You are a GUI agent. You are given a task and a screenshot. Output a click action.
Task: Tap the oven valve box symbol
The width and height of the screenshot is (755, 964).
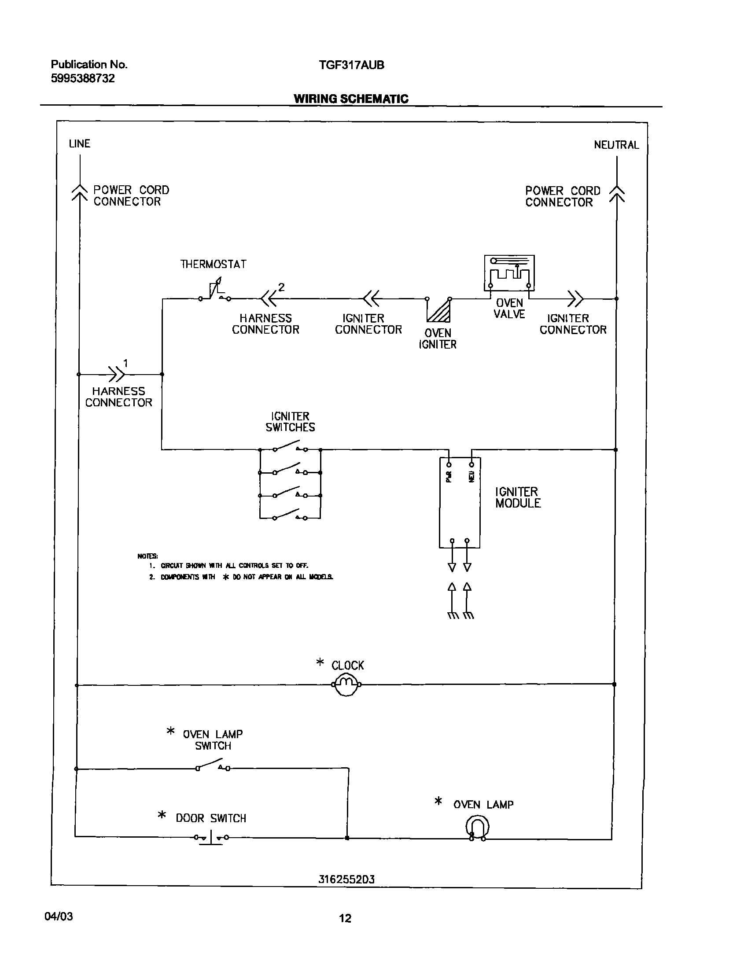pos(509,273)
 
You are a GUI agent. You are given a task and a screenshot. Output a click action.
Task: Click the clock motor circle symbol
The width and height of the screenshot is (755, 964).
pos(346,685)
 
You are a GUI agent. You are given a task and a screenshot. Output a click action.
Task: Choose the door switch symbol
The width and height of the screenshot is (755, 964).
pos(211,837)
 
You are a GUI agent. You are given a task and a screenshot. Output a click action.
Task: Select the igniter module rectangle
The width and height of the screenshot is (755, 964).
pos(460,503)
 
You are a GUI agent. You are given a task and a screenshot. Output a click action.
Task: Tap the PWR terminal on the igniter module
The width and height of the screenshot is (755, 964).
pos(449,465)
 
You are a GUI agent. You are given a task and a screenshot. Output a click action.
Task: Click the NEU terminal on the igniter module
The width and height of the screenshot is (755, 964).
pos(471,465)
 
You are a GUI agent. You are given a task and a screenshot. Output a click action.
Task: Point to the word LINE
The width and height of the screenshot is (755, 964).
pos(80,143)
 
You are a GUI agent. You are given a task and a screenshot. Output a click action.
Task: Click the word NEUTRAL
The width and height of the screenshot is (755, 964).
pos(616,145)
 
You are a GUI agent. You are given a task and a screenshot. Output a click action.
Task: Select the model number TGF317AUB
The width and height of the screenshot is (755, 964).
pos(351,65)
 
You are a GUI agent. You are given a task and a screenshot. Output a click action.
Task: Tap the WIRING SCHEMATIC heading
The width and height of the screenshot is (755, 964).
pos(351,99)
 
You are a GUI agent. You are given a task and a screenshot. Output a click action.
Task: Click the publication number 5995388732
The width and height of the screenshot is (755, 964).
pos(83,78)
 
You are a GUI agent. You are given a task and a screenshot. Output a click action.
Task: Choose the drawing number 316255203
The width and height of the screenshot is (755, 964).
pos(346,879)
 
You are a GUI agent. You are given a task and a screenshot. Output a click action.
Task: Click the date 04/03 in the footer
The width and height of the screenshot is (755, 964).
pos(59,916)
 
